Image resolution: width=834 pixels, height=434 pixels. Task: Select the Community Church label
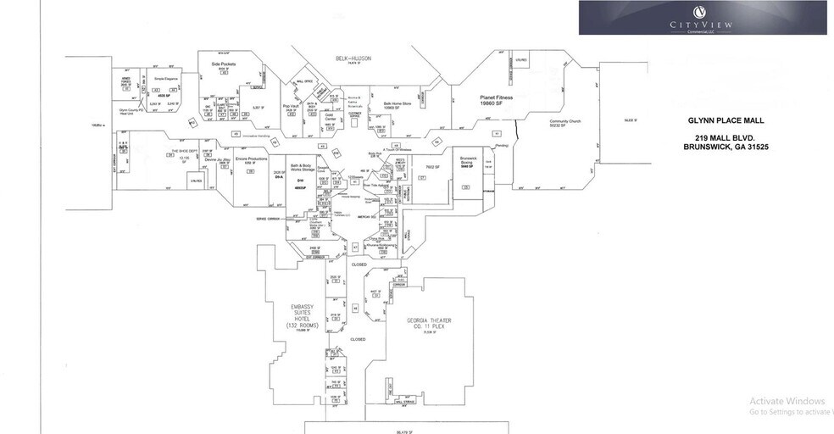pyautogui.click(x=564, y=122)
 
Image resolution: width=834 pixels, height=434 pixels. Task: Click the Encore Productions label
pyautogui.click(x=251, y=159)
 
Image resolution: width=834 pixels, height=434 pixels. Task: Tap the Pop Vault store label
pyautogui.click(x=290, y=106)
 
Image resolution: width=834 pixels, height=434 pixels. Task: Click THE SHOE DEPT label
pyautogui.click(x=185, y=151)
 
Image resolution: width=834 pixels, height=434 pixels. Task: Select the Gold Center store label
pyautogui.click(x=331, y=118)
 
